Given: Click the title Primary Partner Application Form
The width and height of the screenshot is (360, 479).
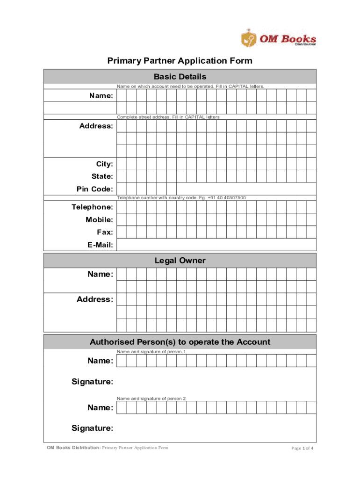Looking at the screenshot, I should (x=180, y=61).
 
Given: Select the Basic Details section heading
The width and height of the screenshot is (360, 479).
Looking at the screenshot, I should (x=180, y=77).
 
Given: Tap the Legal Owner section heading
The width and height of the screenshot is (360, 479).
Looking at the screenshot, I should (x=180, y=261).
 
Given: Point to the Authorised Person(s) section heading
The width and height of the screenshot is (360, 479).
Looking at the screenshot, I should (x=180, y=342).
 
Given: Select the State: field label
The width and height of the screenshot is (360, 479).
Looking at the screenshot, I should (x=102, y=176).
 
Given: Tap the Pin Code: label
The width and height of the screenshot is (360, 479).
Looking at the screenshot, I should (x=94, y=189).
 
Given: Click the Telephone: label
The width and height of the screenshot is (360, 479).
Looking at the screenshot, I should (x=92, y=207).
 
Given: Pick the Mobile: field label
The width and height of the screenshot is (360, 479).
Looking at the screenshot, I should (x=99, y=219).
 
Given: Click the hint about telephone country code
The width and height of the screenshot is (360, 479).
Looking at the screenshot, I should (x=181, y=198).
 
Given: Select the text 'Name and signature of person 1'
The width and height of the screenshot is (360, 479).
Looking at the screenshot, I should (x=151, y=351).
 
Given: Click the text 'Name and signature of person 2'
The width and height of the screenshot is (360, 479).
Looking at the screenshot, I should (x=151, y=398).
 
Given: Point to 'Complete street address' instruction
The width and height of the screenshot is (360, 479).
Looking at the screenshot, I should (x=168, y=117).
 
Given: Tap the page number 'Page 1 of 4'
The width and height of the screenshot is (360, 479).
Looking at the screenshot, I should (x=302, y=448).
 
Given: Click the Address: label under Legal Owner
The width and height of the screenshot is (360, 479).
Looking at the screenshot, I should (x=95, y=299).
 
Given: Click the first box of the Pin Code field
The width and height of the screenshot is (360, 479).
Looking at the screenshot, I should (x=122, y=189).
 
